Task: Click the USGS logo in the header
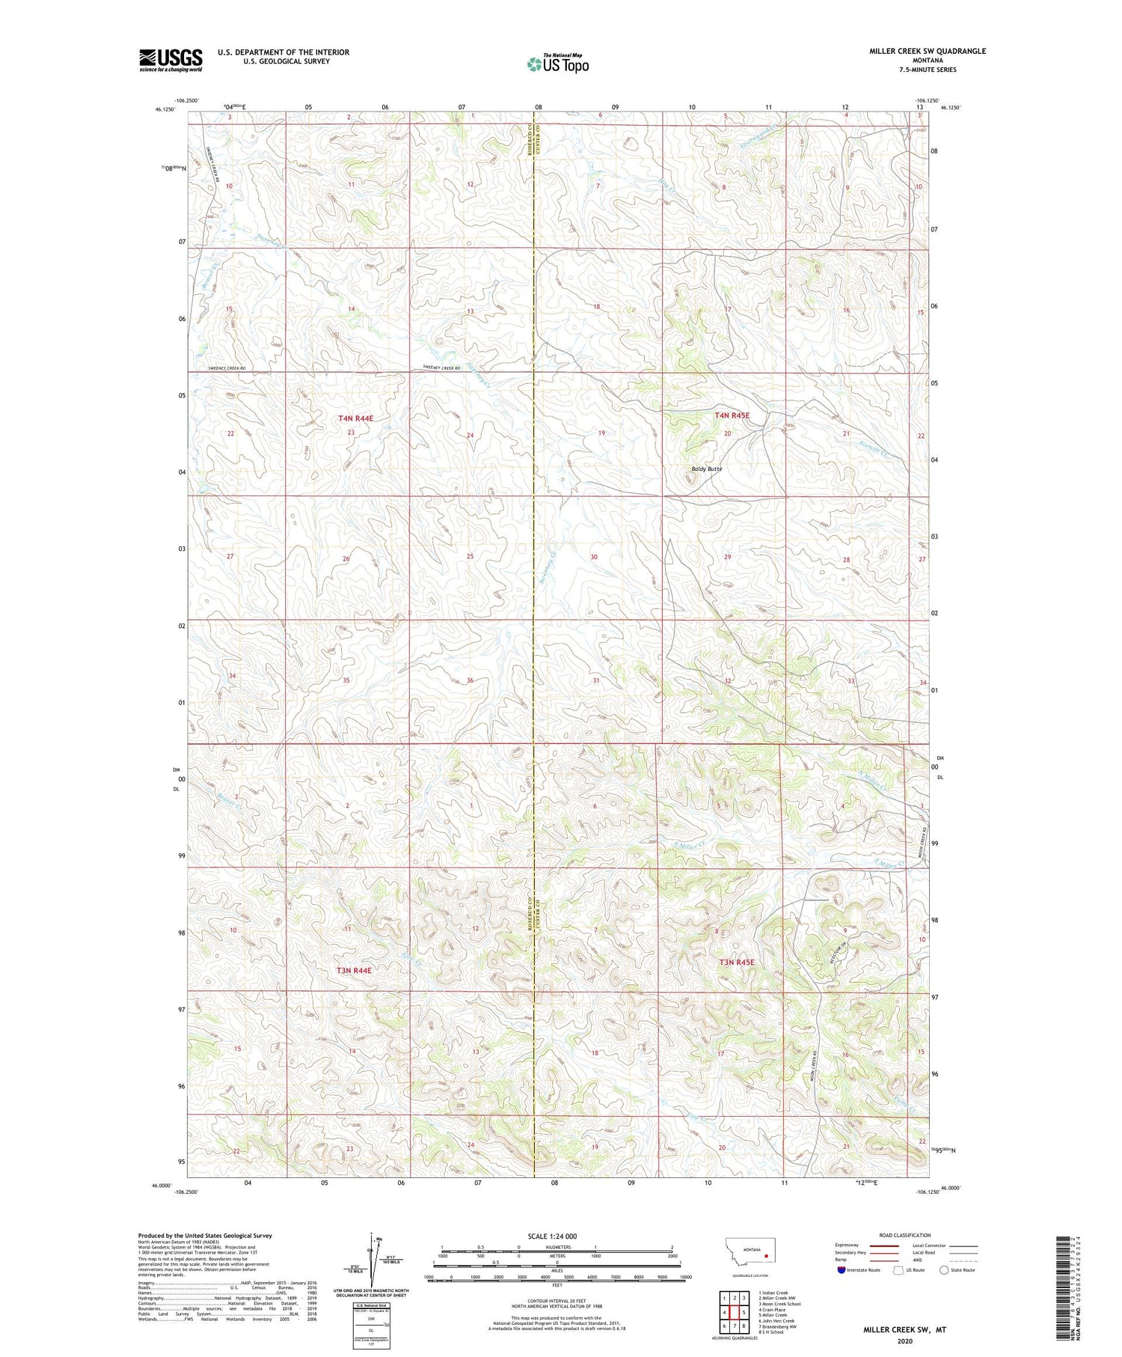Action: point(171,60)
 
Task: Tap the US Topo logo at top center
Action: point(557,64)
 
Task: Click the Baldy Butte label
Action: point(706,469)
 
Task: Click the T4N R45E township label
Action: point(732,415)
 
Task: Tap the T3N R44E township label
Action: point(354,970)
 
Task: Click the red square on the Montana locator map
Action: point(766,1257)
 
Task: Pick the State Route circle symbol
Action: point(944,1270)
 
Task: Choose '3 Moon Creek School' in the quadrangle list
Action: point(779,1304)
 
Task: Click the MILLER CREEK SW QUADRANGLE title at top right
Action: point(927,51)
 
